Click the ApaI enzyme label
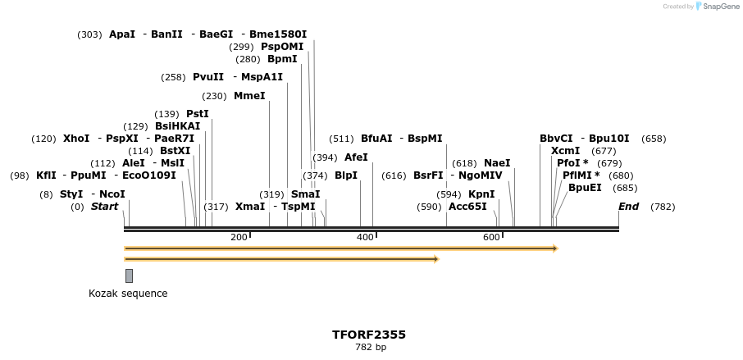click(122, 34)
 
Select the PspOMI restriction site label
click(282, 47)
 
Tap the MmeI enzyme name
click(249, 96)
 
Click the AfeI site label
click(356, 157)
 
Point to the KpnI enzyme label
click(481, 194)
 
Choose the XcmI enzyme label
click(565, 151)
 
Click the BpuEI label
click(585, 188)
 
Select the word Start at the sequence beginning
click(104, 207)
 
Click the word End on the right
click(628, 207)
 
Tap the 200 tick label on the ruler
click(239, 238)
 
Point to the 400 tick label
click(365, 238)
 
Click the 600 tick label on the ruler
click(491, 238)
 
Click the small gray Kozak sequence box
click(129, 276)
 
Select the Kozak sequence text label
click(128, 294)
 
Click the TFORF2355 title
click(369, 335)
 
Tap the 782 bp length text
click(369, 348)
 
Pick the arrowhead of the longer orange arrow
click(555, 248)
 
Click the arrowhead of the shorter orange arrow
click(436, 259)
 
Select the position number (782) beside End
click(662, 207)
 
